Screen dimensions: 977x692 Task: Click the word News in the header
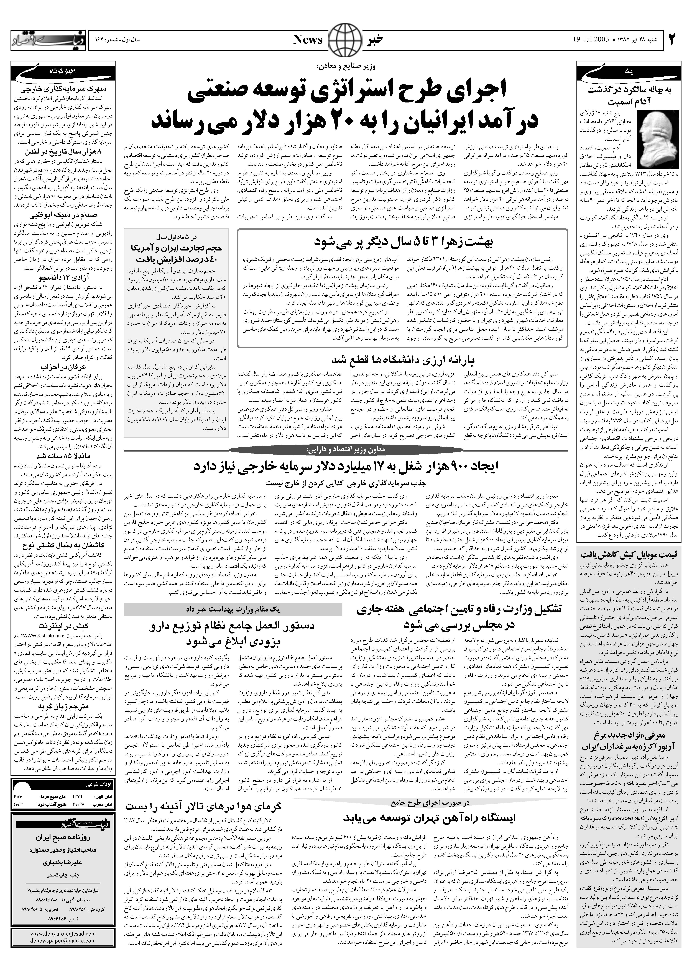tap(308, 40)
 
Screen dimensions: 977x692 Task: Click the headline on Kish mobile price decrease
tap(633, 554)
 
